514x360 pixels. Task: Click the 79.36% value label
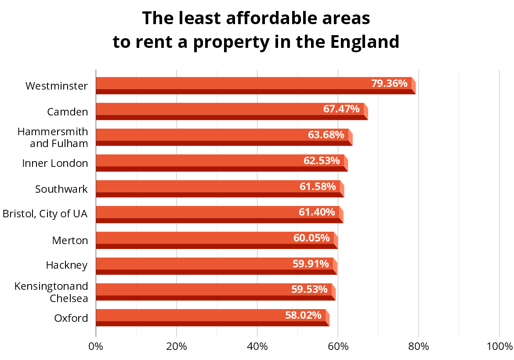389,83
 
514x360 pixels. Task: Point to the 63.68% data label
326,134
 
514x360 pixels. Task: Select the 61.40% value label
317,212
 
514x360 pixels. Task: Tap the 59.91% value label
311,263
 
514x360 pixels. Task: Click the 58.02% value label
303,315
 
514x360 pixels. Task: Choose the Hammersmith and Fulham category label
53,137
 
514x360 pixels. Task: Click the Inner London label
55,163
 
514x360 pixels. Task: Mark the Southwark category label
62,189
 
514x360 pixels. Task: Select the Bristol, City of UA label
45,214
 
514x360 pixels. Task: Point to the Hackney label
67,265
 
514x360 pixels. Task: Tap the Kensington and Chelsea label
51,292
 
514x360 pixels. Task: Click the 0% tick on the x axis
96,346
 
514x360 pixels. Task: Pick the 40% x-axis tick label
257,346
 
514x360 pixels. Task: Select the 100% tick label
500,346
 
